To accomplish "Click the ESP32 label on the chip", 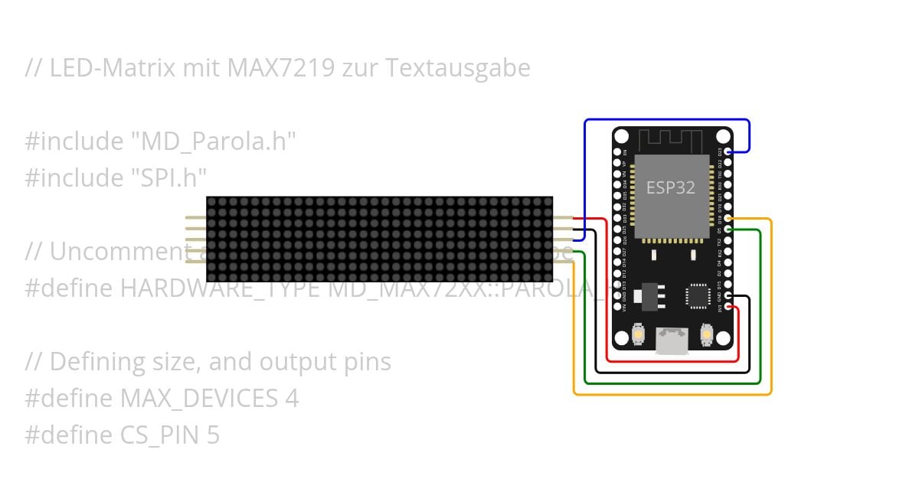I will tap(671, 187).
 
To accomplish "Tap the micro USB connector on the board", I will tap(672, 340).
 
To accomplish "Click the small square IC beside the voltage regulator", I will tap(698, 295).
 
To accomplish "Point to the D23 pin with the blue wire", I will tap(728, 152).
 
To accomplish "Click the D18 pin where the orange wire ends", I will tap(728, 219).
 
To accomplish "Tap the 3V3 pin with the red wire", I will tap(728, 308).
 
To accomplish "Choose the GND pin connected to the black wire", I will tap(728, 296).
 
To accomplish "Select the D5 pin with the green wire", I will tap(728, 230).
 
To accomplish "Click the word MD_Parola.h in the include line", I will tap(212, 141).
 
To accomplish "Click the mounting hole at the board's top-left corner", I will tap(622, 137).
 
